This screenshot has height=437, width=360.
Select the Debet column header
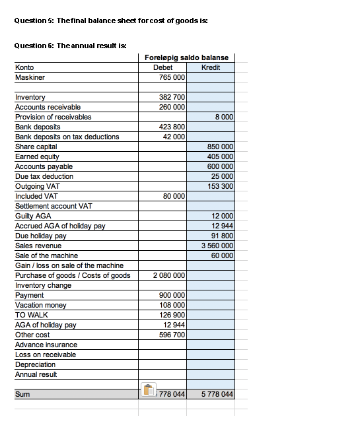point(162,67)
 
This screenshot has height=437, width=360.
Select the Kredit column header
point(210,67)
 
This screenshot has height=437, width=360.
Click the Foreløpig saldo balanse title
point(186,58)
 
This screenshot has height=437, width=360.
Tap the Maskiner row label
point(29,77)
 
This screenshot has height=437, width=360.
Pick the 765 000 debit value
point(172,77)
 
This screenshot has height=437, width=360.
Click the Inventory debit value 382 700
point(172,97)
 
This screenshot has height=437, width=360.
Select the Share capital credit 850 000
point(221,147)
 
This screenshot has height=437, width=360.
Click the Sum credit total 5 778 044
point(215,394)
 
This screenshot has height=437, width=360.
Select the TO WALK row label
point(31,315)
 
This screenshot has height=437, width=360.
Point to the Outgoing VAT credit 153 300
point(221,186)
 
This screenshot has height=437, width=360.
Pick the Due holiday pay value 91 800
point(223,236)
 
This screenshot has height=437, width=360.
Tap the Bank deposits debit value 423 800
point(172,127)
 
